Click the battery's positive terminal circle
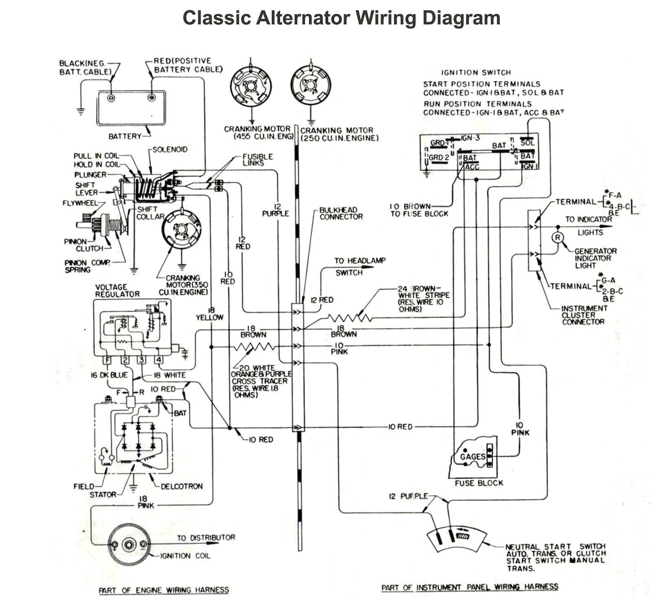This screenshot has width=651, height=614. coord(151,98)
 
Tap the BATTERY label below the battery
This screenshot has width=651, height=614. coord(125,136)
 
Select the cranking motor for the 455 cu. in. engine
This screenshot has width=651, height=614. coord(251,86)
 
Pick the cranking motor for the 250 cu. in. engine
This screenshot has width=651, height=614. coord(311,85)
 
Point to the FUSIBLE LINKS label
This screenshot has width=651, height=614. coord(257,160)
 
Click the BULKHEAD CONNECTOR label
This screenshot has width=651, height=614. coord(341,214)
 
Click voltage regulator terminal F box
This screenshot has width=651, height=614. coord(107,360)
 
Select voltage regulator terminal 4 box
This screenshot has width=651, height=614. coord(159,360)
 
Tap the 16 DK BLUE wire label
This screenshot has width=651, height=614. coord(109,375)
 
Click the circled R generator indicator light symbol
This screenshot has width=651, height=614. coord(557,238)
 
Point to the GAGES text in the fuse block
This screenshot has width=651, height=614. coord(472,457)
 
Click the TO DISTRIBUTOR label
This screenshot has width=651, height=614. coord(206,538)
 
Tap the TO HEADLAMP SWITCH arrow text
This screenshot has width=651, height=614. coord(359,267)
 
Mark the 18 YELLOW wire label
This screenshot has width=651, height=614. coord(210,314)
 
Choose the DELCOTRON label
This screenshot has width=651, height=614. coord(181,486)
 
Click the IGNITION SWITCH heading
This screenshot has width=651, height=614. coord(476,72)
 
